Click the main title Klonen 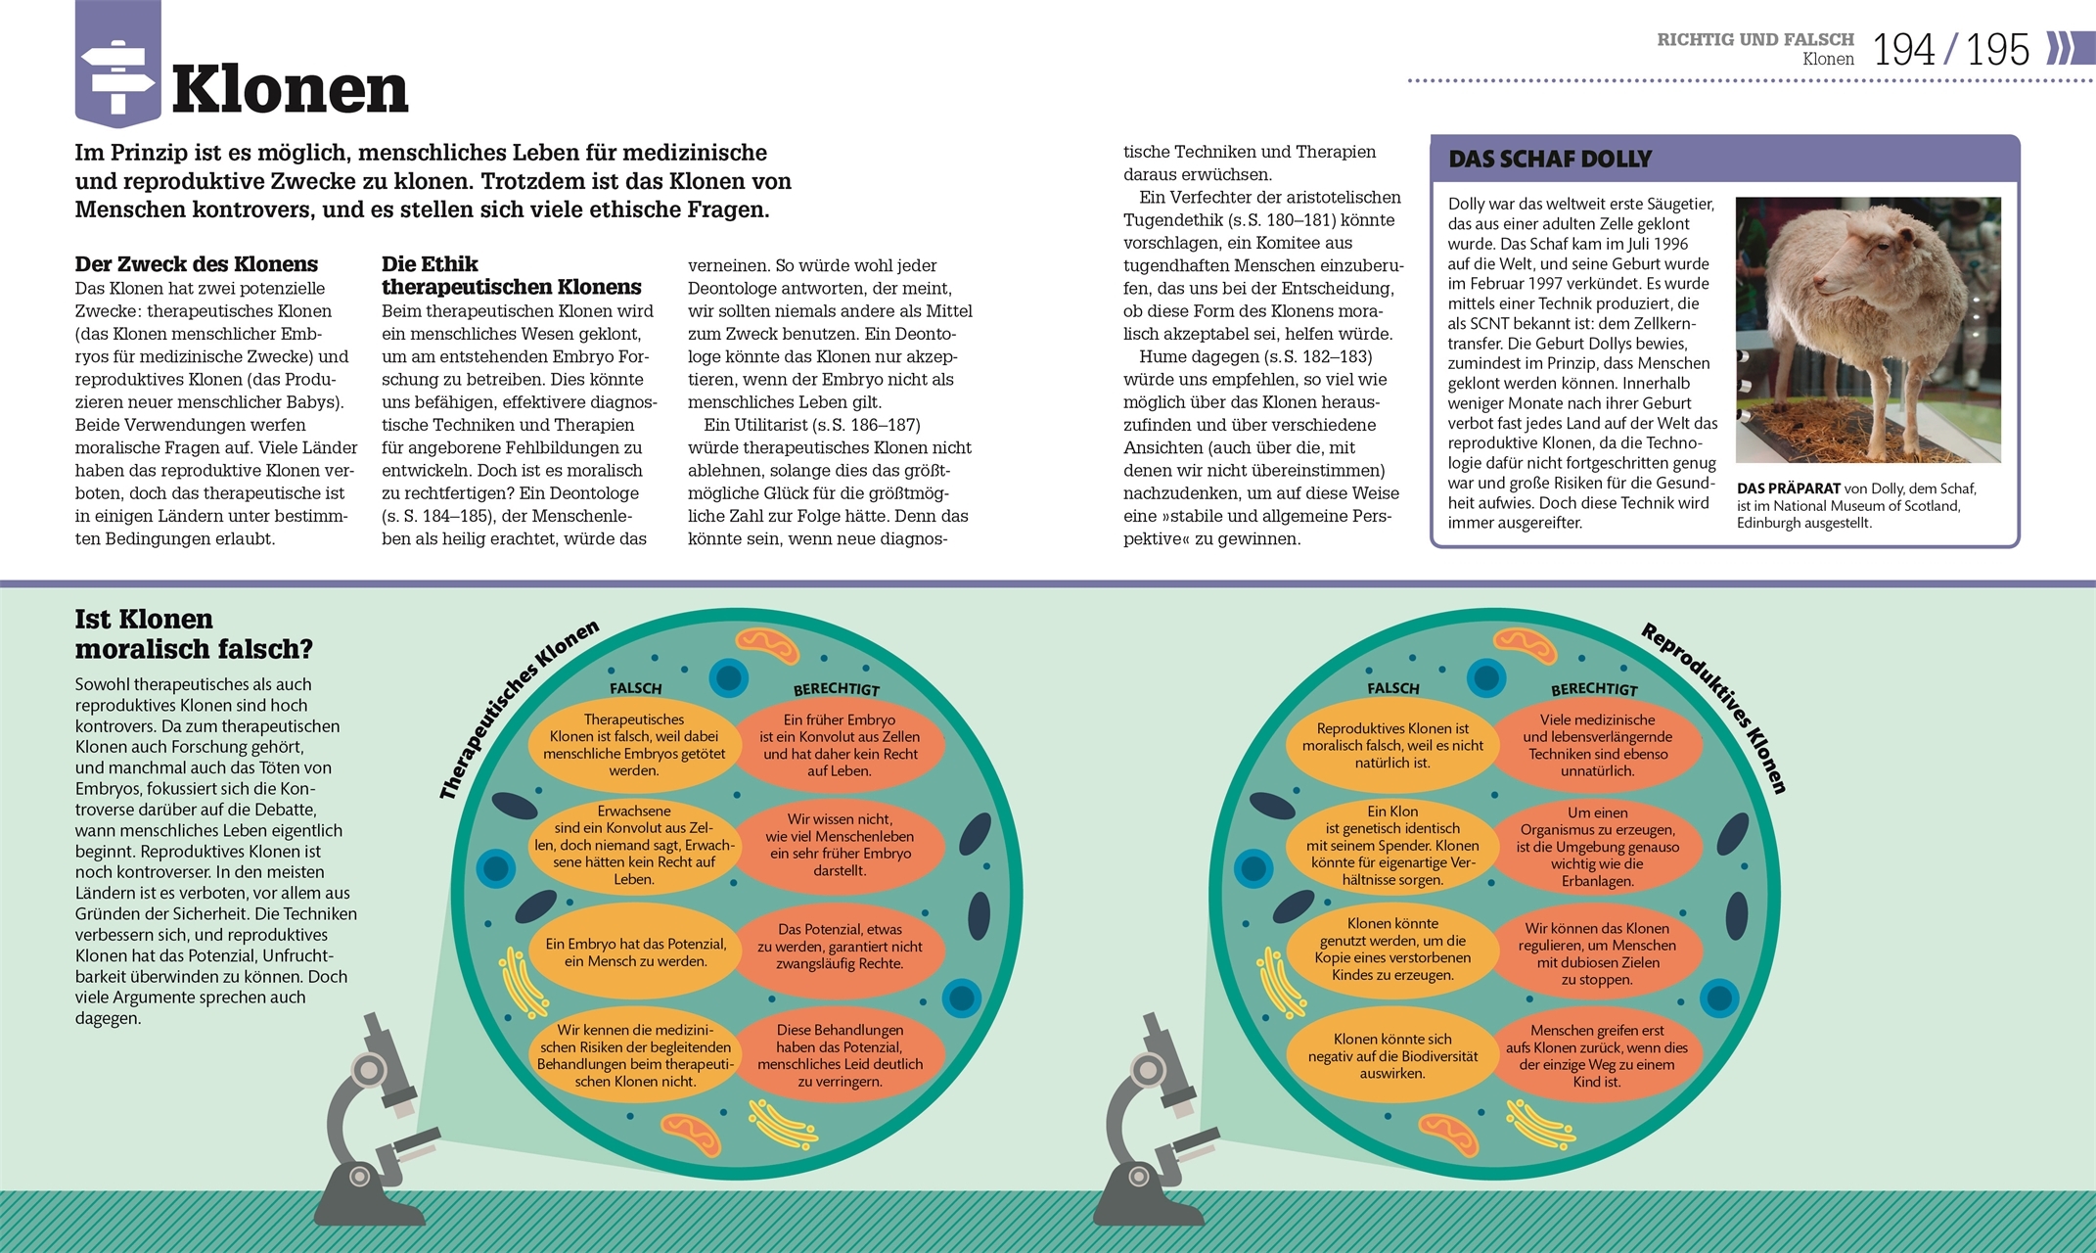[x=290, y=90]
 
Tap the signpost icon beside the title [x=117, y=65]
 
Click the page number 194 [x=1903, y=50]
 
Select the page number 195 [x=1997, y=50]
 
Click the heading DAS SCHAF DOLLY [x=1550, y=159]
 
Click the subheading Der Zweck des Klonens [x=197, y=264]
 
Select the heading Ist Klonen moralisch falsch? [x=194, y=633]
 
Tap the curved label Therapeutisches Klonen [x=518, y=710]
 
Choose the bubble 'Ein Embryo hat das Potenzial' [x=635, y=952]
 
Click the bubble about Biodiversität [x=1392, y=1055]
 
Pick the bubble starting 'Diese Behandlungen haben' [x=840, y=1055]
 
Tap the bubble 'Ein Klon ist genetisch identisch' [x=1392, y=845]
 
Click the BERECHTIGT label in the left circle [x=837, y=689]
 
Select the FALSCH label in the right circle [x=1392, y=688]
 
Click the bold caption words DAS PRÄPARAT [x=1789, y=488]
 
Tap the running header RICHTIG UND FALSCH [x=1755, y=39]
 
